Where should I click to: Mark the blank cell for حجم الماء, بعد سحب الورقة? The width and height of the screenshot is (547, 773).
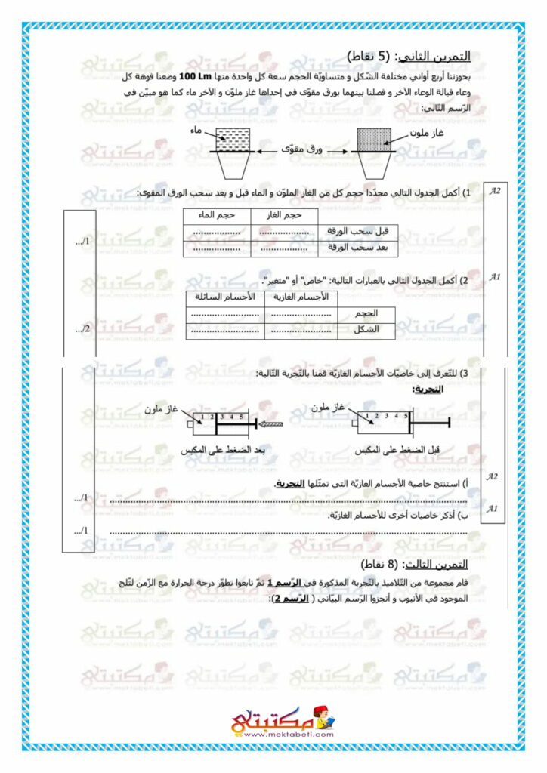click(x=216, y=248)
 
